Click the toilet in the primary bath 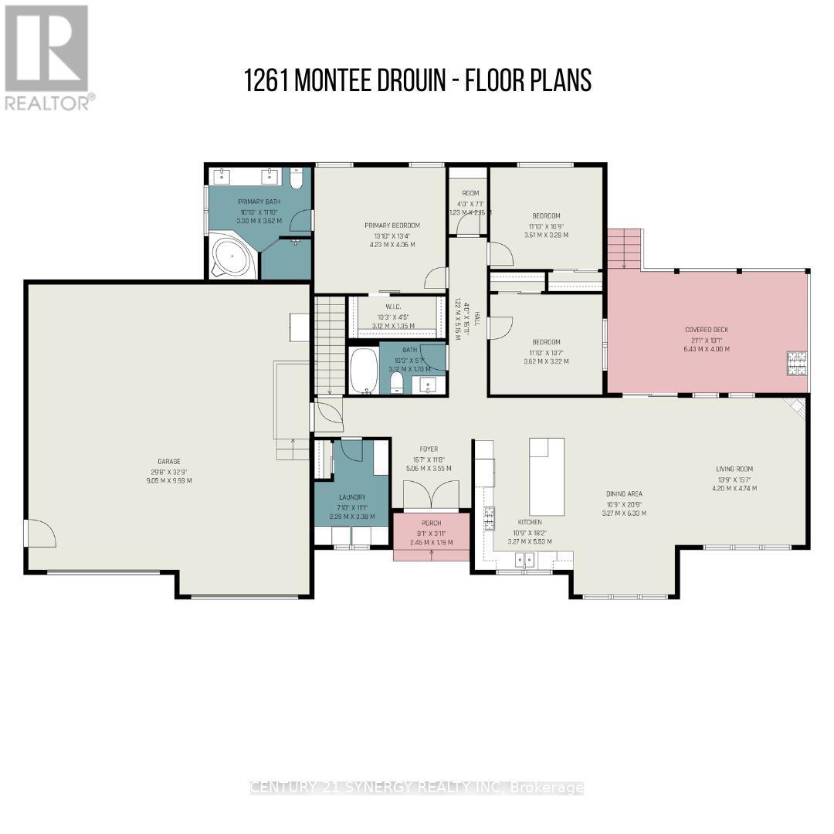297,178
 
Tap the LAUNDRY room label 351,497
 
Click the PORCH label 431,523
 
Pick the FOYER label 429,449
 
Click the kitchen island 548,476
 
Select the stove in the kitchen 488,520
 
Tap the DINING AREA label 624,493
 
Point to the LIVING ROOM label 734,469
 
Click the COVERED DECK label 707,330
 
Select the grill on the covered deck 796,363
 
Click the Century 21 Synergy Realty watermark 417,788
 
